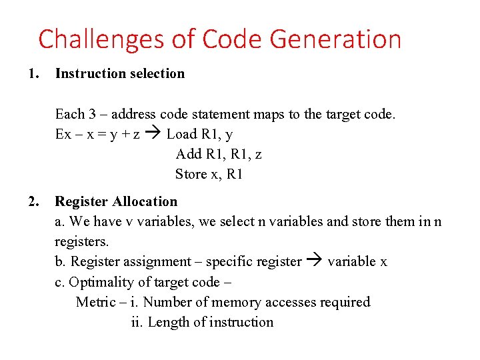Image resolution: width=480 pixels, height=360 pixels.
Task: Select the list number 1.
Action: tap(32, 74)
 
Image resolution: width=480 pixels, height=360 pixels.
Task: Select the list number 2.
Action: tap(32, 201)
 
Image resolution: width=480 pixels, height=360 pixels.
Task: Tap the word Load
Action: tap(182, 134)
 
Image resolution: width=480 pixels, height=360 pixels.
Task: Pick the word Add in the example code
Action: tap(188, 154)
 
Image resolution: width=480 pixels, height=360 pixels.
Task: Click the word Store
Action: tap(191, 174)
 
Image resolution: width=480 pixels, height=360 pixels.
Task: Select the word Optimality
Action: tap(101, 281)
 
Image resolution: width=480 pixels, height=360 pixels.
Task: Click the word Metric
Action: tap(96, 302)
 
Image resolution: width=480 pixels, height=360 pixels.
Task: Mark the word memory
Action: tap(237, 302)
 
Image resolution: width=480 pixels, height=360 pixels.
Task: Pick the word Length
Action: tap(168, 322)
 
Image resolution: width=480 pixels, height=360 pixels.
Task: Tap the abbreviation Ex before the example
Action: tap(63, 134)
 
